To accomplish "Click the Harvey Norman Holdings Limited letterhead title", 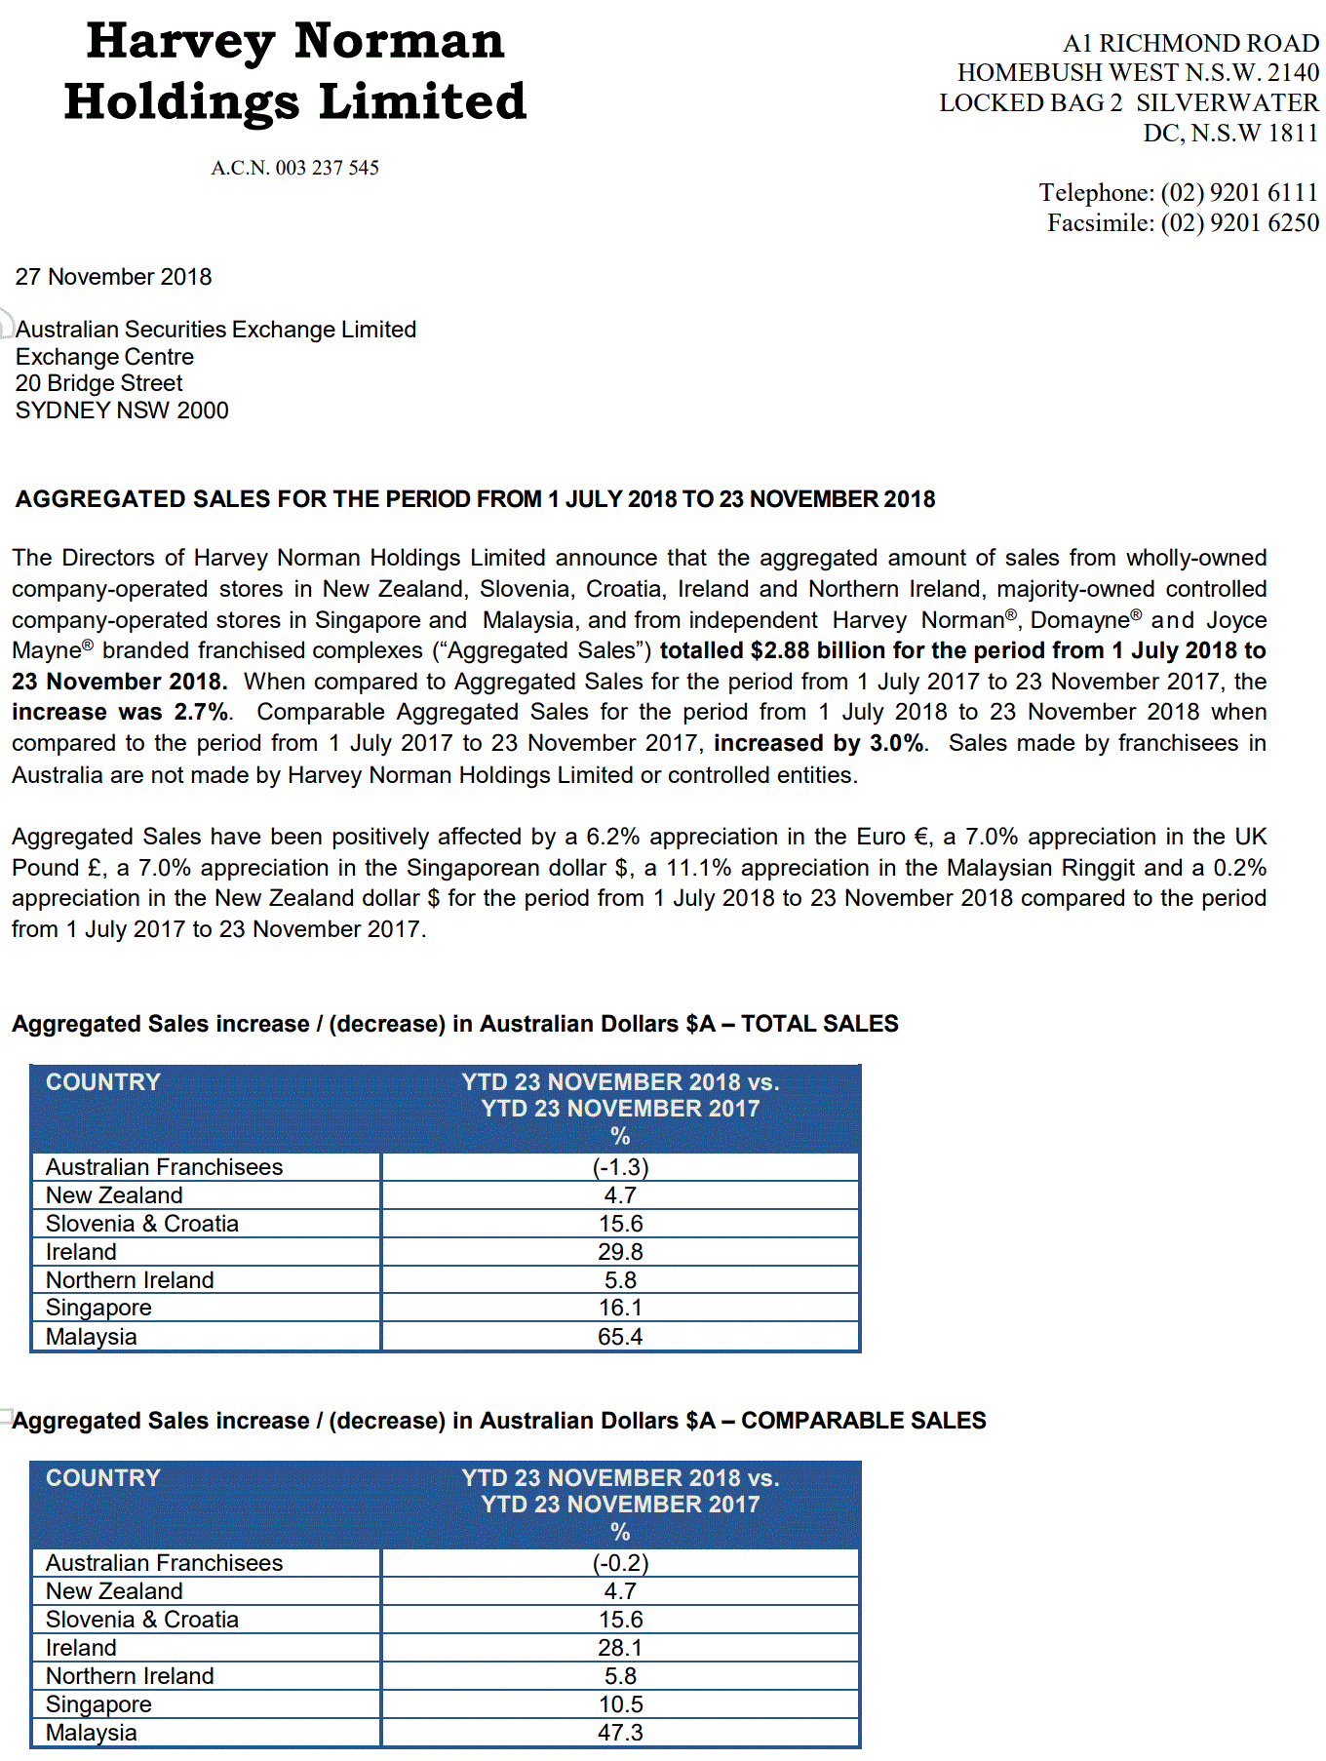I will pyautogui.click(x=294, y=71).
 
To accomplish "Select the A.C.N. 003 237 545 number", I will pyautogui.click(x=294, y=168).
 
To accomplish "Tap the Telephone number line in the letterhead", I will pyautogui.click(x=1178, y=192).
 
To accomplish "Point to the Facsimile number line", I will pyautogui.click(x=1183, y=223).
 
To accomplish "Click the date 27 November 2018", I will pyautogui.click(x=113, y=277).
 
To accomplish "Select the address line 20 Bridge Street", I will pyautogui.click(x=98, y=383).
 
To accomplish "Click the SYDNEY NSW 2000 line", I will pyautogui.click(x=122, y=411).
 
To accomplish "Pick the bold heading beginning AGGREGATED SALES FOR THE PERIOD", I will pyautogui.click(x=475, y=499).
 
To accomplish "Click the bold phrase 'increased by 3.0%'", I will pyautogui.click(x=819, y=743).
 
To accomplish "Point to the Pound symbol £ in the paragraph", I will pyautogui.click(x=96, y=868).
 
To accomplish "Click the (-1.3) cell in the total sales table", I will pyautogui.click(x=620, y=1167).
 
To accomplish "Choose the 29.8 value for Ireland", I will pyautogui.click(x=620, y=1252).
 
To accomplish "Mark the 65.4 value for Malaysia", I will pyautogui.click(x=620, y=1337).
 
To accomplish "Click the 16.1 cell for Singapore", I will pyautogui.click(x=620, y=1308).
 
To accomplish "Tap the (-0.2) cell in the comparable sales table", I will pyautogui.click(x=620, y=1563).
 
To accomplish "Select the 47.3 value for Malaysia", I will pyautogui.click(x=620, y=1733).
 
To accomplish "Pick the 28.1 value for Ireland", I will pyautogui.click(x=620, y=1648).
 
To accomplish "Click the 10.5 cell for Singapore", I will pyautogui.click(x=620, y=1704).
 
